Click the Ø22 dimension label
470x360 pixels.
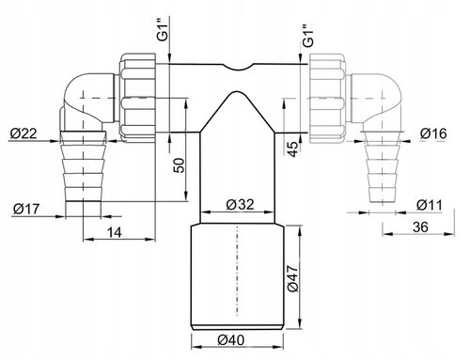(23, 133)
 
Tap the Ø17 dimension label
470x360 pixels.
(26, 209)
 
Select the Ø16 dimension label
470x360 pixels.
(433, 133)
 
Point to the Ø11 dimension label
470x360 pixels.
(430, 205)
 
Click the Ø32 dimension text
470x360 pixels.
(240, 205)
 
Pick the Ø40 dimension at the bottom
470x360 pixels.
(231, 339)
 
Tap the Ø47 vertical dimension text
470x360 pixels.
(293, 278)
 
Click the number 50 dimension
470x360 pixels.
(179, 165)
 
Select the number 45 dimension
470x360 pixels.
(292, 149)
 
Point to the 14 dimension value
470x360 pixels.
(115, 232)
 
